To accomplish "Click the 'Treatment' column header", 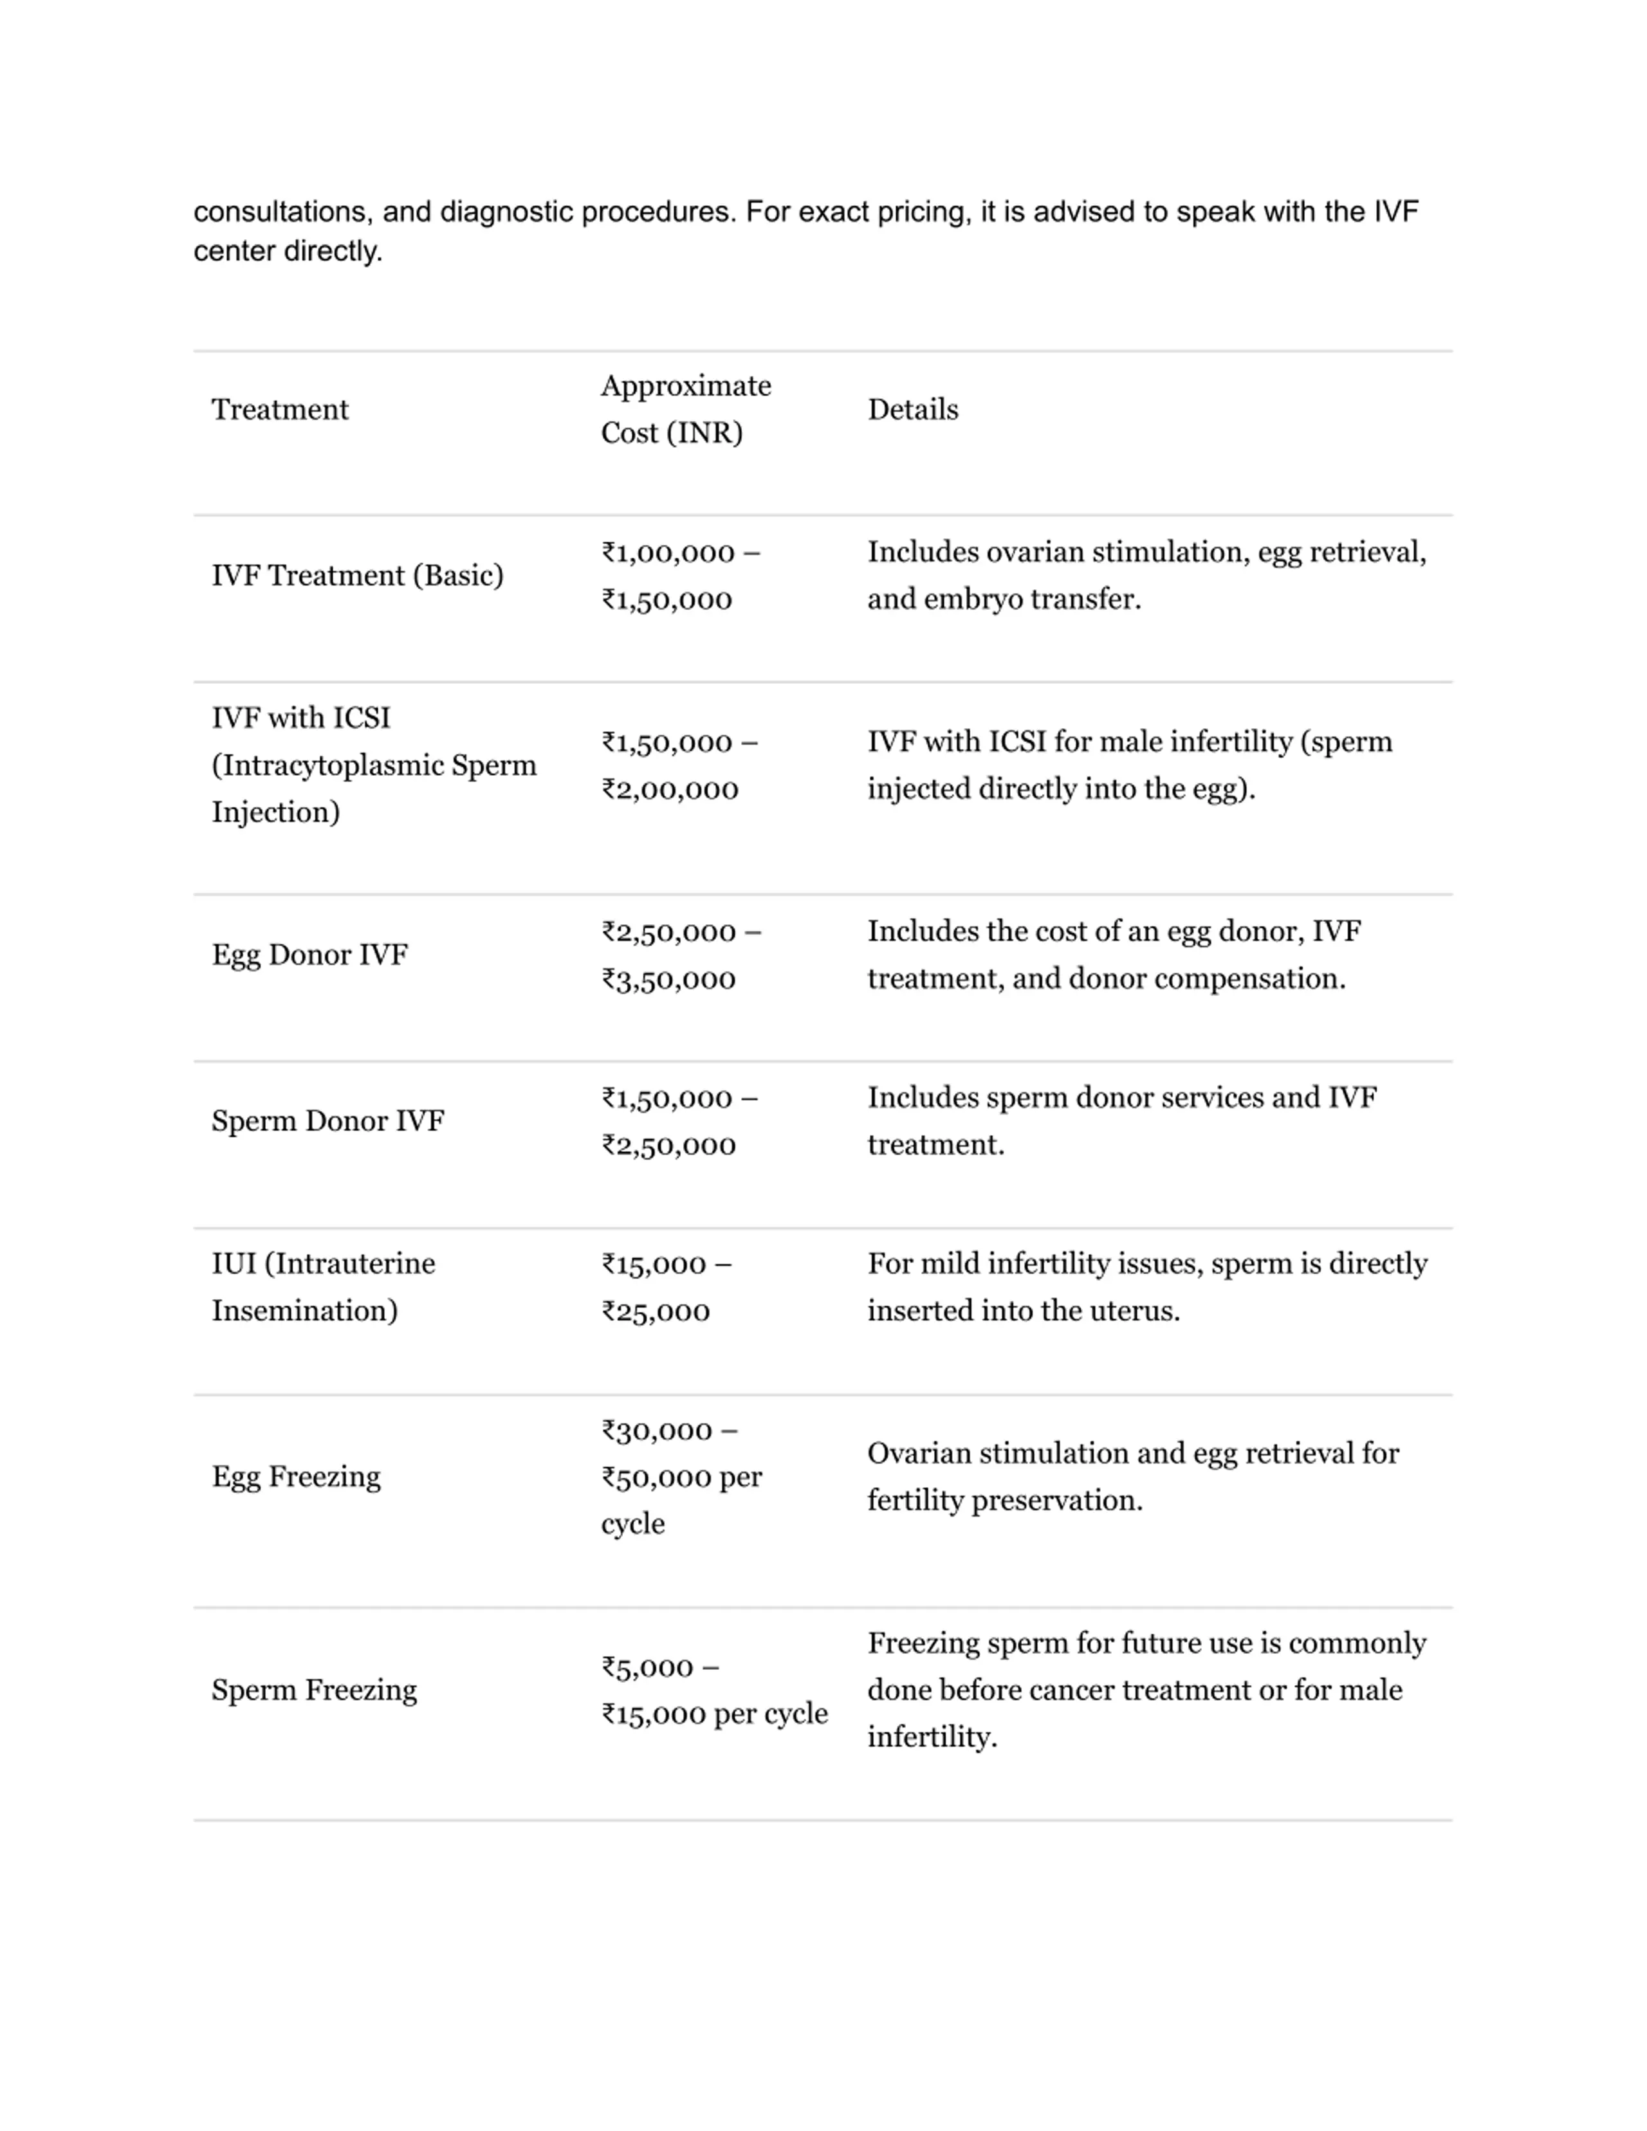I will point(279,410).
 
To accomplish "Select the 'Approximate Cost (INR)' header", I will point(685,410).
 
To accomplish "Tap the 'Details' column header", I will point(912,410).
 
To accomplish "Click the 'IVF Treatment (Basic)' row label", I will point(357,576).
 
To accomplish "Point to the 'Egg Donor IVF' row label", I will point(309,955).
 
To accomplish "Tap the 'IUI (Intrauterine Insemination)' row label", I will point(323,1287).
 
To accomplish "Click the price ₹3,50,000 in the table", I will point(668,980).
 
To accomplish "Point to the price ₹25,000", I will point(656,1312).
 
